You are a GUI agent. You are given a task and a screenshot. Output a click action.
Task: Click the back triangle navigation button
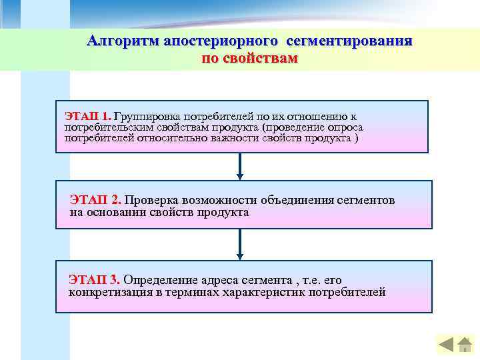pos(447,345)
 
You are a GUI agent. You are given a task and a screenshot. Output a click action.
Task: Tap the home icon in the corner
pos(464,345)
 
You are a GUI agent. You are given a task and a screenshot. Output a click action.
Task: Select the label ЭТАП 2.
pos(95,200)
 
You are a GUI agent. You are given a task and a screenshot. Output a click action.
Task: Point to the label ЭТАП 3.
pos(94,279)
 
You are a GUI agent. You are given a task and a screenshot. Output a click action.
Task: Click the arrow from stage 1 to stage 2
pos(240,166)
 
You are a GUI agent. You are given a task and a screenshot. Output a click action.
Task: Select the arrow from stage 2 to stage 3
pos(240,245)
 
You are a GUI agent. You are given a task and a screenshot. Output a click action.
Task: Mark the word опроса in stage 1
pos(346,127)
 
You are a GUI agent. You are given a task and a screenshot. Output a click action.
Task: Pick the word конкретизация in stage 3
pos(109,292)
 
